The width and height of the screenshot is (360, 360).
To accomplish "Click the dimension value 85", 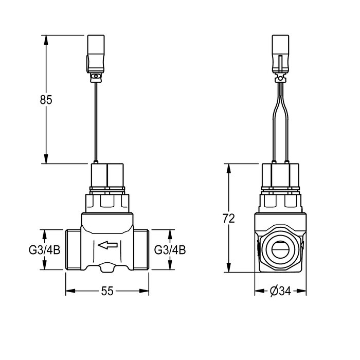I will pos(46,100).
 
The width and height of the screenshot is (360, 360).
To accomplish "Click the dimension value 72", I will pos(229,218).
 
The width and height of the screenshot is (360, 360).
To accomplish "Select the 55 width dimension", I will pos(106,291).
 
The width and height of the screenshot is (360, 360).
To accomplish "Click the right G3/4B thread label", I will pos(170,250).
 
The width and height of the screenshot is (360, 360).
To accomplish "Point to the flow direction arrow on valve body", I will pos(107,245).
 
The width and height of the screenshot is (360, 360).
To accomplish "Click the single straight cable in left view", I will pos(96,121).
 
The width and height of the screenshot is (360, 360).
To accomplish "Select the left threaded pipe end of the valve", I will pos(73,249).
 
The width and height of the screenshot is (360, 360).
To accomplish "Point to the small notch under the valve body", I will pos(107,267).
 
